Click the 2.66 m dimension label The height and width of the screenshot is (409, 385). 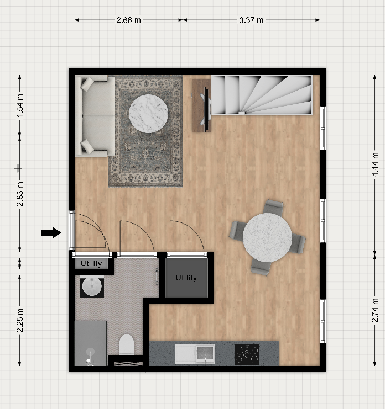tap(128, 20)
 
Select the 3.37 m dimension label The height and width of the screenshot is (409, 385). tap(251, 20)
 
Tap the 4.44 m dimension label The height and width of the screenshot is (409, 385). tap(375, 164)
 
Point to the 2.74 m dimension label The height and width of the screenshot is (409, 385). tap(375, 310)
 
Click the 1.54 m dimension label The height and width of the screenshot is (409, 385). tap(20, 105)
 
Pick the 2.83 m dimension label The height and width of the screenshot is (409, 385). tap(20, 194)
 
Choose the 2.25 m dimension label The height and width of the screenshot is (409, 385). tap(20, 320)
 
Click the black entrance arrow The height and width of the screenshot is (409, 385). tap(51, 232)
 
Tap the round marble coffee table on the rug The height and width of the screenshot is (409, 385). tap(148, 114)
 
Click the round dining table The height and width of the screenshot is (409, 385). tap(267, 238)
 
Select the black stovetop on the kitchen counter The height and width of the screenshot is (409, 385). tap(247, 354)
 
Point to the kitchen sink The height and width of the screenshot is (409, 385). tap(195, 354)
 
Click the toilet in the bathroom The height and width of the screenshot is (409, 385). tap(127, 345)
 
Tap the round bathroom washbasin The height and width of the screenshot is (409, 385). tap(92, 286)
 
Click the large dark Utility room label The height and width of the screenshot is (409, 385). tap(186, 278)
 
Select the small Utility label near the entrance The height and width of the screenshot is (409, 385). tap(91, 264)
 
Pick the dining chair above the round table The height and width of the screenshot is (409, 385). tap(273, 208)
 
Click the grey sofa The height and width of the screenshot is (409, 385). tap(95, 116)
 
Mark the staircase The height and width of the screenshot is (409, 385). tap(262, 95)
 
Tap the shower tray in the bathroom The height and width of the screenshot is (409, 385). tap(90, 343)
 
